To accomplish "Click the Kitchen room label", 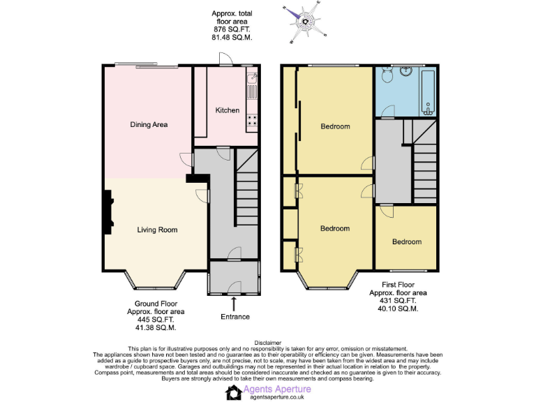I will pyautogui.click(x=227, y=110).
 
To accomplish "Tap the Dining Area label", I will pyautogui.click(x=149, y=125).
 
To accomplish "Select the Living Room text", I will pyautogui.click(x=156, y=230).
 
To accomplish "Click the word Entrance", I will pyautogui.click(x=234, y=317).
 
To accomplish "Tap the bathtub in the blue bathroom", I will pyautogui.click(x=428, y=92).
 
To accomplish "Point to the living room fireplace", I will pyautogui.click(x=108, y=213).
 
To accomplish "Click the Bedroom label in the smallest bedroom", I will pyautogui.click(x=406, y=241).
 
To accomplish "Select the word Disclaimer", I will pyautogui.click(x=268, y=343).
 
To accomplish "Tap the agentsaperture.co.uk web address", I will pyautogui.click(x=276, y=398).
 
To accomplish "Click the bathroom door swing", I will pyautogui.click(x=389, y=110).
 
